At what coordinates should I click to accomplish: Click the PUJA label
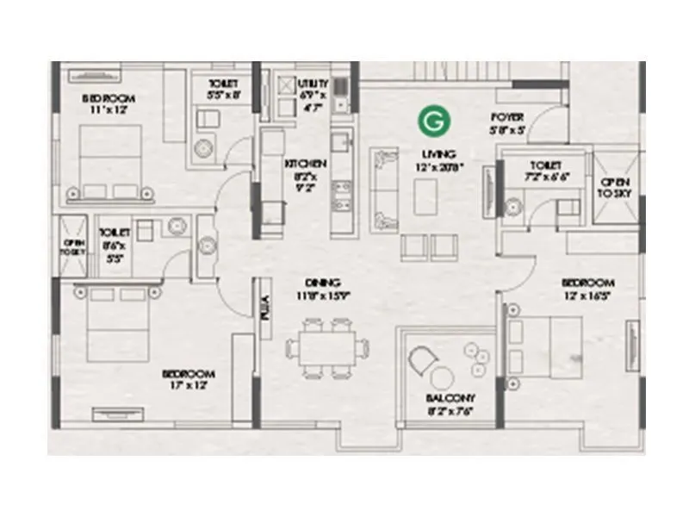(x=265, y=307)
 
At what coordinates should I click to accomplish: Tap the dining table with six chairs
(x=322, y=347)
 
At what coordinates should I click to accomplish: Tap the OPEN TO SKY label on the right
(x=615, y=188)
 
